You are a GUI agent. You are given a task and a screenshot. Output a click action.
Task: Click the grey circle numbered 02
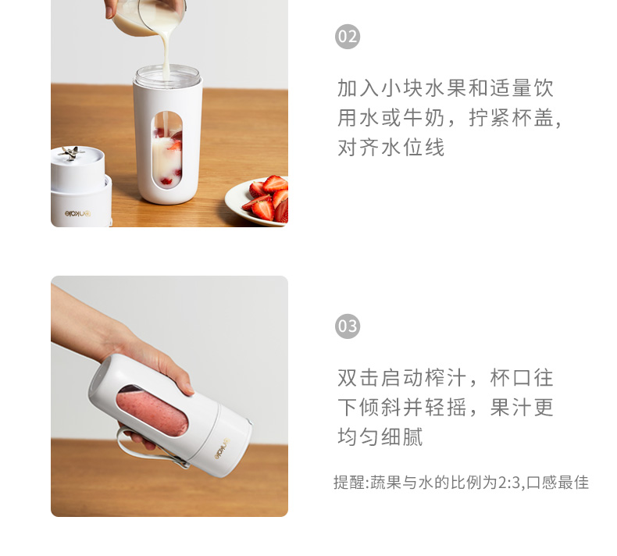pos(348,37)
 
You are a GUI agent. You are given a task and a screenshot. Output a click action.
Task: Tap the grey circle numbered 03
pos(348,326)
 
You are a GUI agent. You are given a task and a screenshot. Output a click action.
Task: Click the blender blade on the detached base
pos(71,153)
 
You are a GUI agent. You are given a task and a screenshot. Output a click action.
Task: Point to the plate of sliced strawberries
pos(258,201)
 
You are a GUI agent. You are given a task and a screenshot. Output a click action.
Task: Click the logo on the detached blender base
pos(77,214)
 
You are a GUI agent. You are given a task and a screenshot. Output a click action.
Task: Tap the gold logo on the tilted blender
pos(222,448)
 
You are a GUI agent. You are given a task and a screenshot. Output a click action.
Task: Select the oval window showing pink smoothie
pos(152,410)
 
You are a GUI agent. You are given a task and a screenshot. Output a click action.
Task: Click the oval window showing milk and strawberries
pos(167,150)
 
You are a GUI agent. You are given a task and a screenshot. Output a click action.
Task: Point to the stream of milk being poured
pos(166,52)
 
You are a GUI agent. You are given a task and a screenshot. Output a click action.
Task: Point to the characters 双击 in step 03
pos(358,378)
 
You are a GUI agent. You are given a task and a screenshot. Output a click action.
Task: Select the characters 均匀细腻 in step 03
pos(380,437)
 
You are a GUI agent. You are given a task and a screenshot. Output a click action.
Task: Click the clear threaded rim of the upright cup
pos(168,76)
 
